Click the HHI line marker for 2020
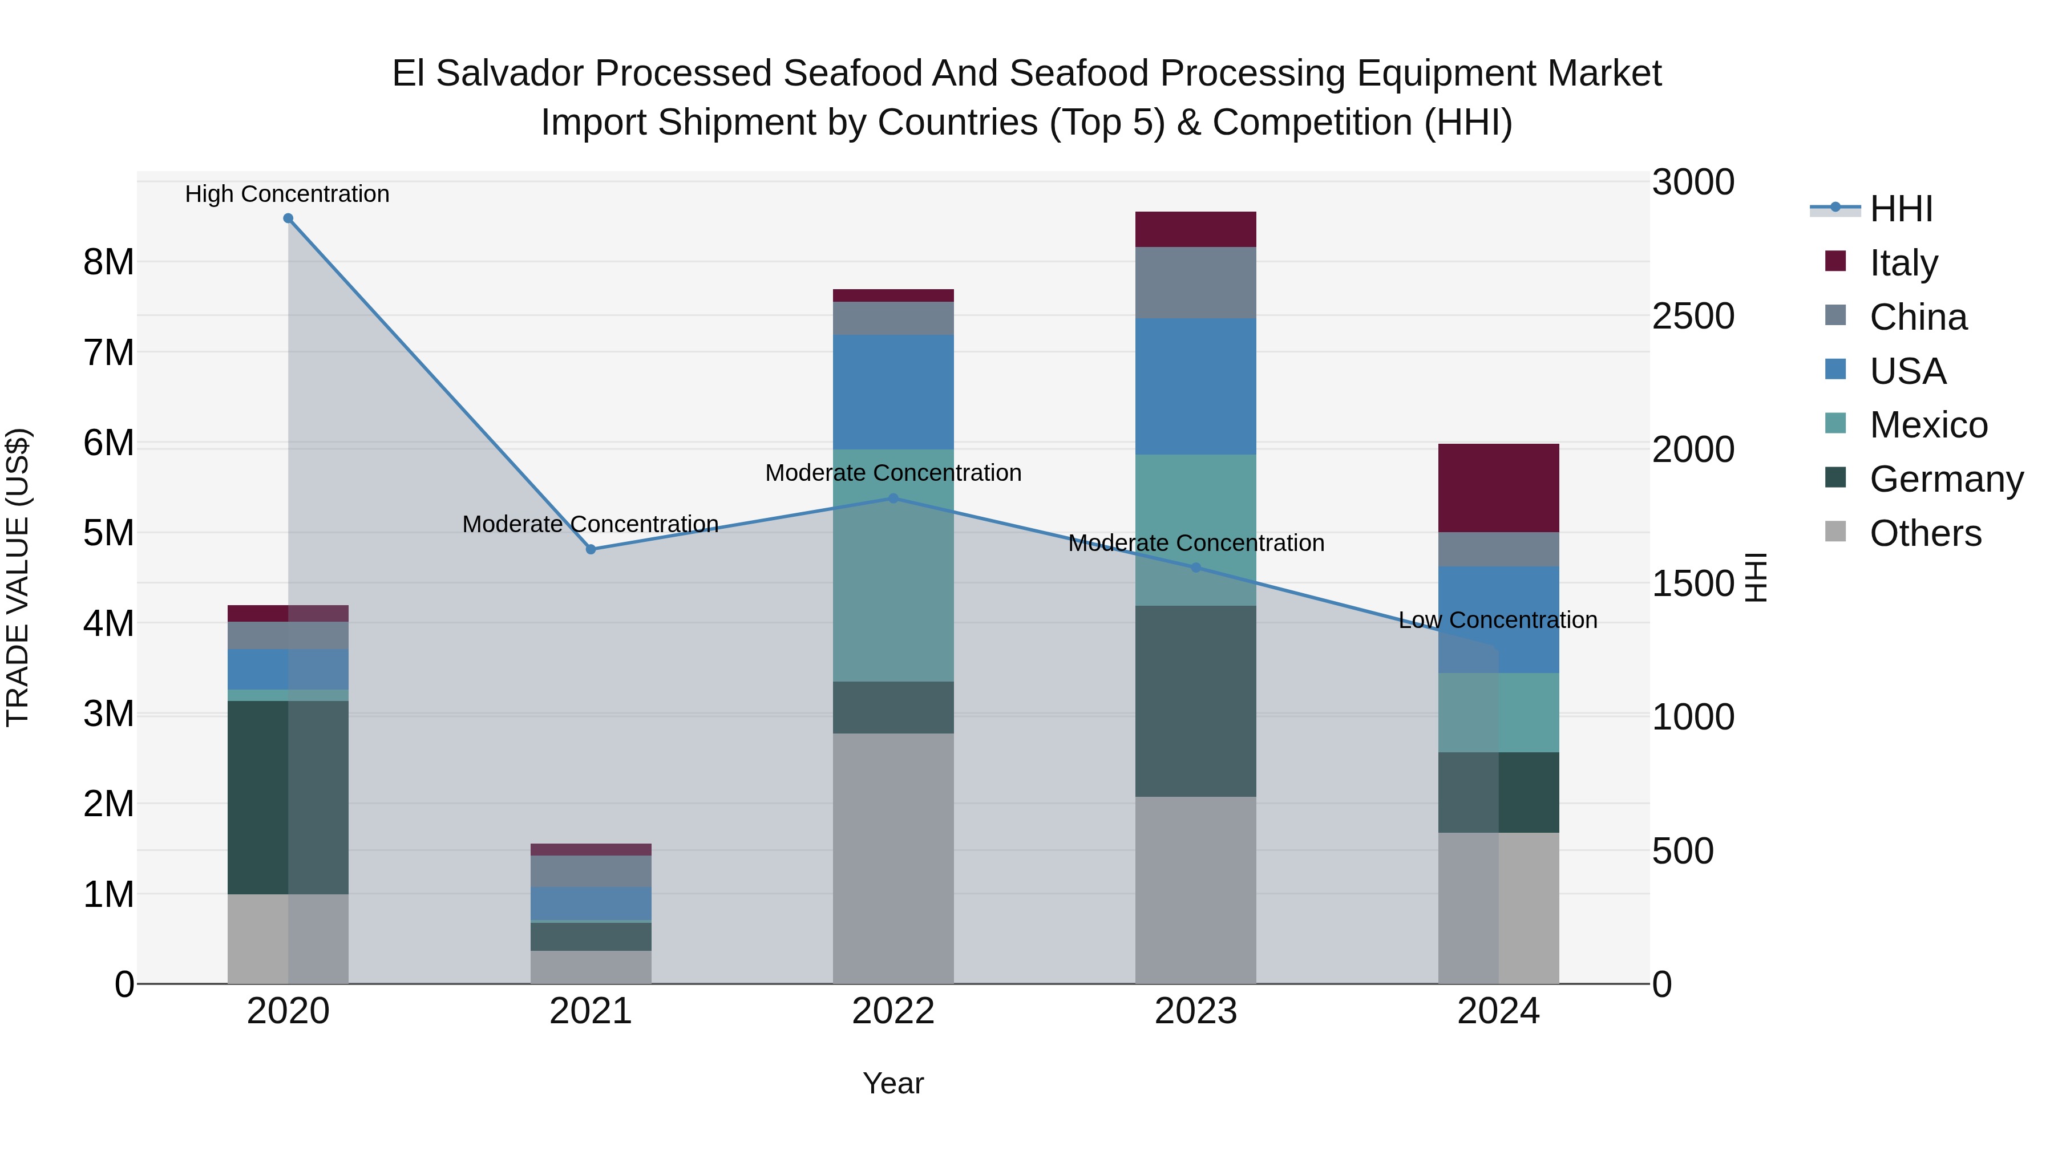tap(288, 218)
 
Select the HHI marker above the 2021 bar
tap(591, 549)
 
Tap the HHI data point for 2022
tap(893, 498)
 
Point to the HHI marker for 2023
tap(1195, 568)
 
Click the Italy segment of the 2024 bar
tap(1498, 488)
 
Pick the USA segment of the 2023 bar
tap(1195, 387)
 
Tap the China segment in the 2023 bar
tap(1195, 282)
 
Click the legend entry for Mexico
tap(1927, 425)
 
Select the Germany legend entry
tap(1946, 479)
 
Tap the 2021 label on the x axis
tap(591, 1011)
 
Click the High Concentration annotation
tap(287, 194)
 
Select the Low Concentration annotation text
tap(1498, 620)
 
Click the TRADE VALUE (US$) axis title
tap(18, 577)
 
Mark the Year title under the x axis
tap(893, 1083)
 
